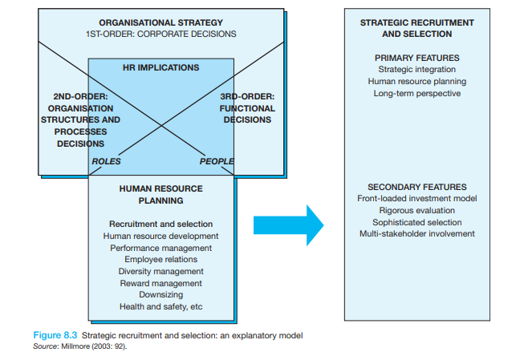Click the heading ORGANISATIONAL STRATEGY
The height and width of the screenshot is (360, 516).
point(161,23)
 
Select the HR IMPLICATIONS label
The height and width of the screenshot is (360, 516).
point(160,68)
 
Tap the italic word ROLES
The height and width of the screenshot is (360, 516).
point(106,161)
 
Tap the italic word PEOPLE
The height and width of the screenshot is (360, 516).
point(216,161)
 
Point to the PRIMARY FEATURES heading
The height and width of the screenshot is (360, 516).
point(416,58)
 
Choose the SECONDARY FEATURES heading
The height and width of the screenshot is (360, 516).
point(416,187)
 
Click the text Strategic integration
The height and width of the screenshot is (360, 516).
point(416,70)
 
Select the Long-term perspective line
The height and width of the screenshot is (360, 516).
point(416,94)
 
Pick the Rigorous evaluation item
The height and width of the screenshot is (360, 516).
point(416,210)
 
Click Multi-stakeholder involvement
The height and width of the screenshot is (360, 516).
point(416,234)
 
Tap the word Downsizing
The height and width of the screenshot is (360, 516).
point(160,295)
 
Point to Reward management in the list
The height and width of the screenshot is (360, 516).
point(160,283)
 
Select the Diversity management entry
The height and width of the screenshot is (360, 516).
point(160,272)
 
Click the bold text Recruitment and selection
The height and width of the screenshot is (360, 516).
point(160,224)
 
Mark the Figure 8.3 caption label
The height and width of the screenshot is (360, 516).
point(56,333)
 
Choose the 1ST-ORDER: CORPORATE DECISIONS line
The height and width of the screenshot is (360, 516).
point(161,35)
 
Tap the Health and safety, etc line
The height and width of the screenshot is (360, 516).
point(160,307)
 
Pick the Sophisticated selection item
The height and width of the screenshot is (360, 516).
point(416,222)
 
